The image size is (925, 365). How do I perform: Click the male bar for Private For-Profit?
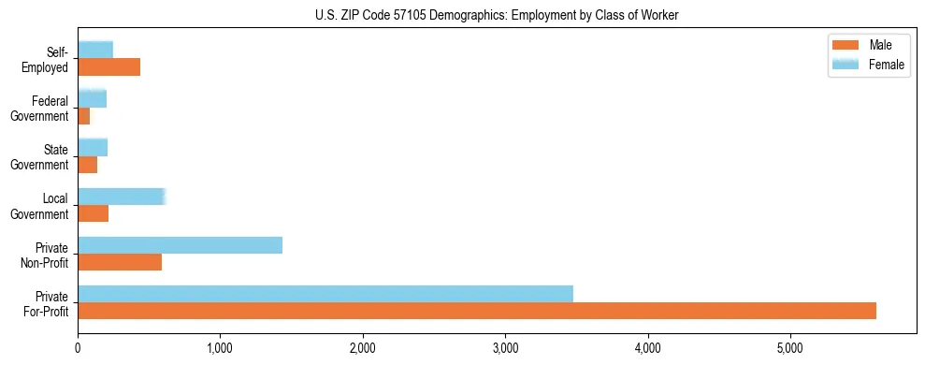[477, 312]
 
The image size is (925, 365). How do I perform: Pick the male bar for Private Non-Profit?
[120, 263]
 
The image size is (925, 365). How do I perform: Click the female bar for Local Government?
[122, 197]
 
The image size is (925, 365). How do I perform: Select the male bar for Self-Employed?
[108, 67]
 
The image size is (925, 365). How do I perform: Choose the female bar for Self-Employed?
[95, 50]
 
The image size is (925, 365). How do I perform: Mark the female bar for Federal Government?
[92, 98]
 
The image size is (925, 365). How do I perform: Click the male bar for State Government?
[88, 166]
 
